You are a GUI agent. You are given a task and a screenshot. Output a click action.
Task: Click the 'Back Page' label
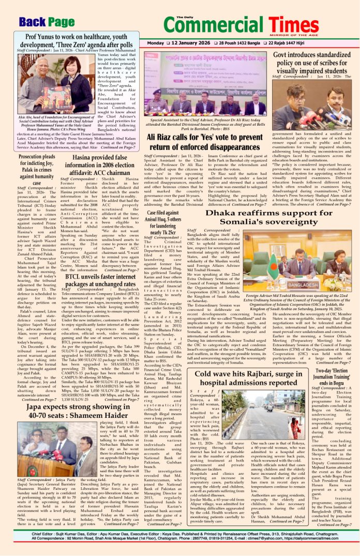(x=47, y=21)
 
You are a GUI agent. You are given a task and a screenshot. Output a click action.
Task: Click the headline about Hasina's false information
(x=101, y=154)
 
